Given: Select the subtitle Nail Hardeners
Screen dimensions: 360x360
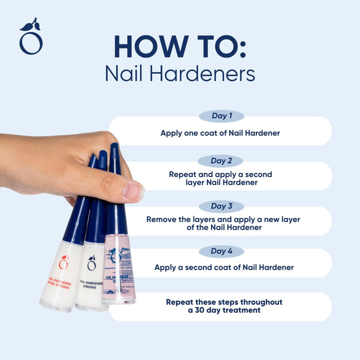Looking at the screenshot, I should pos(180,73).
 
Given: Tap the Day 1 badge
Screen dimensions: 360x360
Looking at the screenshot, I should pos(221,116).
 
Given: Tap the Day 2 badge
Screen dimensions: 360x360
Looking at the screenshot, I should pos(220,161).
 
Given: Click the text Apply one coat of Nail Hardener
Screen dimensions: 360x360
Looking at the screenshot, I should pos(220,133).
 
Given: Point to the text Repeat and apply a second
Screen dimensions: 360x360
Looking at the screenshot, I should pos(220,174).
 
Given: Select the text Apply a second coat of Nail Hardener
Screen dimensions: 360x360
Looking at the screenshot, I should pos(224,267).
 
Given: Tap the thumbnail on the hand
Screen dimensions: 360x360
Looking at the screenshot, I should pos(133,190).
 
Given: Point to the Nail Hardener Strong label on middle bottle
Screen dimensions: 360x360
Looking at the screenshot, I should pos(91,285).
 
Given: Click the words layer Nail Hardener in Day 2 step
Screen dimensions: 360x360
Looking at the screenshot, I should pos(220,183).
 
